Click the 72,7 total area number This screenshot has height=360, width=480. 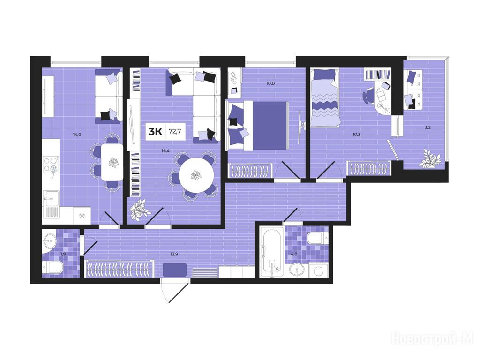tap(175, 132)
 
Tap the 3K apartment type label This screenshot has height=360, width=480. tap(155, 132)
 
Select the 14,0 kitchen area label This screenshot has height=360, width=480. tap(77, 134)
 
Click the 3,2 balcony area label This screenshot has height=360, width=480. tap(427, 127)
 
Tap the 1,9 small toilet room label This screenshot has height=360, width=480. tap(63, 254)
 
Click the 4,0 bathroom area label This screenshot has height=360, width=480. tap(294, 254)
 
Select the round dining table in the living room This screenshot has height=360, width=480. tap(196, 175)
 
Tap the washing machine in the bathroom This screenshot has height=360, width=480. tap(319, 270)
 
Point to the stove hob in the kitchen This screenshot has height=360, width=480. tap(51, 165)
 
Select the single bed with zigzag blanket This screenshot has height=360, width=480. tap(325, 97)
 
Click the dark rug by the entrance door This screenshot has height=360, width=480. tap(174, 270)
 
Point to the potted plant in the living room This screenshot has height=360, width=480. tap(139, 210)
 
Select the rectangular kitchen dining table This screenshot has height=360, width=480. tap(112, 162)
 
